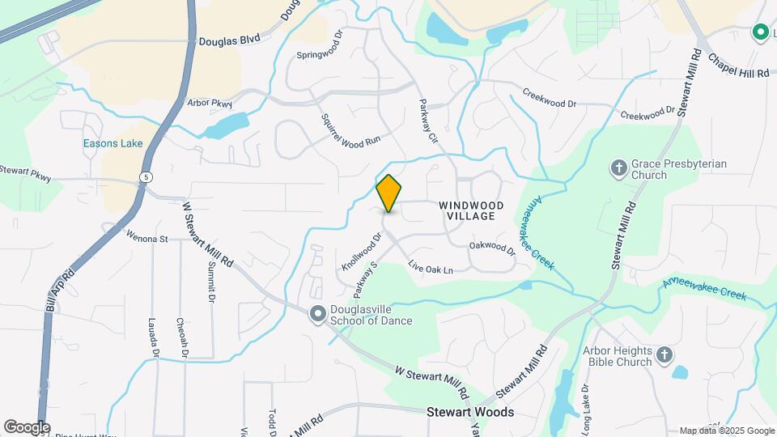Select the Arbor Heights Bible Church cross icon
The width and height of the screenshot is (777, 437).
(664, 355)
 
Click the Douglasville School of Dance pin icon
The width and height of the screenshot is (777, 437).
(318, 315)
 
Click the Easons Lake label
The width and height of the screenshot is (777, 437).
(113, 144)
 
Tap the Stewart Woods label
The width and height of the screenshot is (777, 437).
(470, 412)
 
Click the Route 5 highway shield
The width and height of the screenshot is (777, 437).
(145, 176)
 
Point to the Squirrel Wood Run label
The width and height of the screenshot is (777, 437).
(350, 130)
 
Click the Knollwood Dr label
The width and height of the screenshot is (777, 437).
(360, 252)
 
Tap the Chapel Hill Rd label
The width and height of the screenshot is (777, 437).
(737, 66)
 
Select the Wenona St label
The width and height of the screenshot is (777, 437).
(146, 238)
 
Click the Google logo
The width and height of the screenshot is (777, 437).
(27, 427)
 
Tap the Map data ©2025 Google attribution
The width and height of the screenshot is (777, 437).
(726, 431)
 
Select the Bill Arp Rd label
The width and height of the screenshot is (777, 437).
(61, 290)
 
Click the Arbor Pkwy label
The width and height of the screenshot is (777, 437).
(209, 104)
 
